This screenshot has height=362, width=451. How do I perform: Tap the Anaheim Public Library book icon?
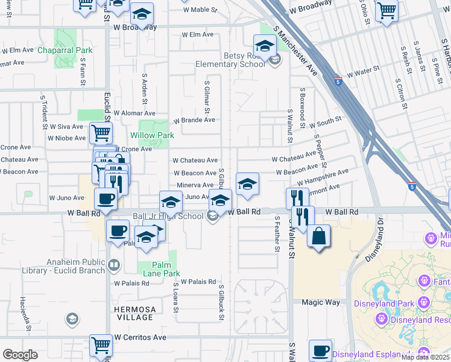pyautogui.click(x=113, y=264)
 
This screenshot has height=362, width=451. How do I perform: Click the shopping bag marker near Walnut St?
pyautogui.click(x=318, y=235)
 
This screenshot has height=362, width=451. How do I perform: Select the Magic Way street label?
pyautogui.click(x=321, y=303)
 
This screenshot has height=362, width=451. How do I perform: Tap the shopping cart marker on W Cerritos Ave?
pyautogui.click(x=101, y=346)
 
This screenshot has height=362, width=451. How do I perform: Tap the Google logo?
pyautogui.click(x=20, y=355)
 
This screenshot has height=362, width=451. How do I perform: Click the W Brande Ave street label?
pyautogui.click(x=194, y=120)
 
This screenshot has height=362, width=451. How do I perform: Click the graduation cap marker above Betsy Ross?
pyautogui.click(x=265, y=45)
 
